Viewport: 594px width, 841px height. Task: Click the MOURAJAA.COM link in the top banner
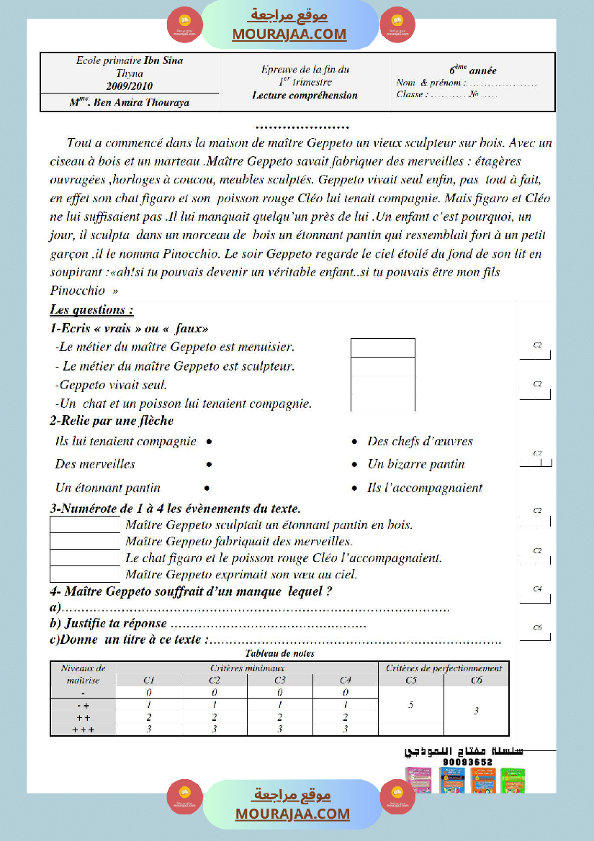tap(289, 34)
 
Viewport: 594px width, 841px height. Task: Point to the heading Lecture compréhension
tap(305, 95)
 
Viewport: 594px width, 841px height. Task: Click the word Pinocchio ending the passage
tap(77, 290)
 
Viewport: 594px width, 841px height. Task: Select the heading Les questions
tap(91, 310)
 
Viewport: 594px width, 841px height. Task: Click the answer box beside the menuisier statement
tap(382, 347)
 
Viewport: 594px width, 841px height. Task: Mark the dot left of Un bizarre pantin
tap(354, 465)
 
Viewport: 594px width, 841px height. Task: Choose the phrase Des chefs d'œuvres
tap(420, 441)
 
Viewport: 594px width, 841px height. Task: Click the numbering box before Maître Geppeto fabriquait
tap(85, 541)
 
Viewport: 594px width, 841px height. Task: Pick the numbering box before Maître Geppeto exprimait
tap(85, 574)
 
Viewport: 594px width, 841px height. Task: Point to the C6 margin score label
tap(537, 628)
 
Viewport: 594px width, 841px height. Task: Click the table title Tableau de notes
tap(279, 654)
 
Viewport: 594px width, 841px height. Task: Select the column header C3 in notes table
tap(279, 680)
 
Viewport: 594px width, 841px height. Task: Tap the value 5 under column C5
tap(410, 705)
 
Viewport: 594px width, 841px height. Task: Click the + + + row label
tap(84, 729)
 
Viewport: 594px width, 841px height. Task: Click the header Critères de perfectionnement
tap(444, 668)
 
